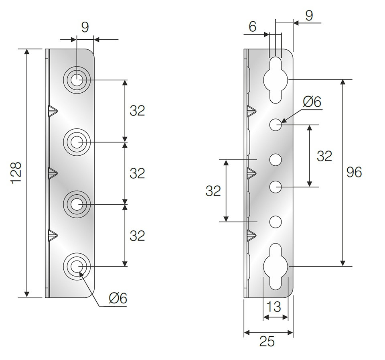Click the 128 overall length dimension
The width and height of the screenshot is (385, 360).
17,173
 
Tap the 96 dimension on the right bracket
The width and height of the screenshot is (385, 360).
354,172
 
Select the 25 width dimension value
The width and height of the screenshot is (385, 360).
267,341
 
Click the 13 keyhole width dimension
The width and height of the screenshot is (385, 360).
273,307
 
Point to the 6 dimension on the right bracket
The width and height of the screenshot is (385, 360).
252,26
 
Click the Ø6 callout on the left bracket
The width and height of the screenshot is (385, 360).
118,298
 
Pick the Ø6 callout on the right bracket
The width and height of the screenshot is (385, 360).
312,102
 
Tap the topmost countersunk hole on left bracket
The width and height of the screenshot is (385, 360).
77,80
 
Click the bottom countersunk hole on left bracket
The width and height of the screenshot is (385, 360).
77,266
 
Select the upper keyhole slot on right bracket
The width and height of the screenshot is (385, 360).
276,80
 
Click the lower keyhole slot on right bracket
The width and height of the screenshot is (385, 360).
276,266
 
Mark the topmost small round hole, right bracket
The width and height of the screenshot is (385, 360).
276,125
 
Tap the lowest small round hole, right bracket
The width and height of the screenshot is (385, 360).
276,222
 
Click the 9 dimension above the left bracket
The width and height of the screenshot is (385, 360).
85,27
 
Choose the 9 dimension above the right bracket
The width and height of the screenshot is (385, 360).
309,16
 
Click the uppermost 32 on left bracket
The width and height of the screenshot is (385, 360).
137,111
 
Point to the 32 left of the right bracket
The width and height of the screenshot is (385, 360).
213,191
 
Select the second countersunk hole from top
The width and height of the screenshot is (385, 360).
77,142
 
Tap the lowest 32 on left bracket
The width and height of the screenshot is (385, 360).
137,236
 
